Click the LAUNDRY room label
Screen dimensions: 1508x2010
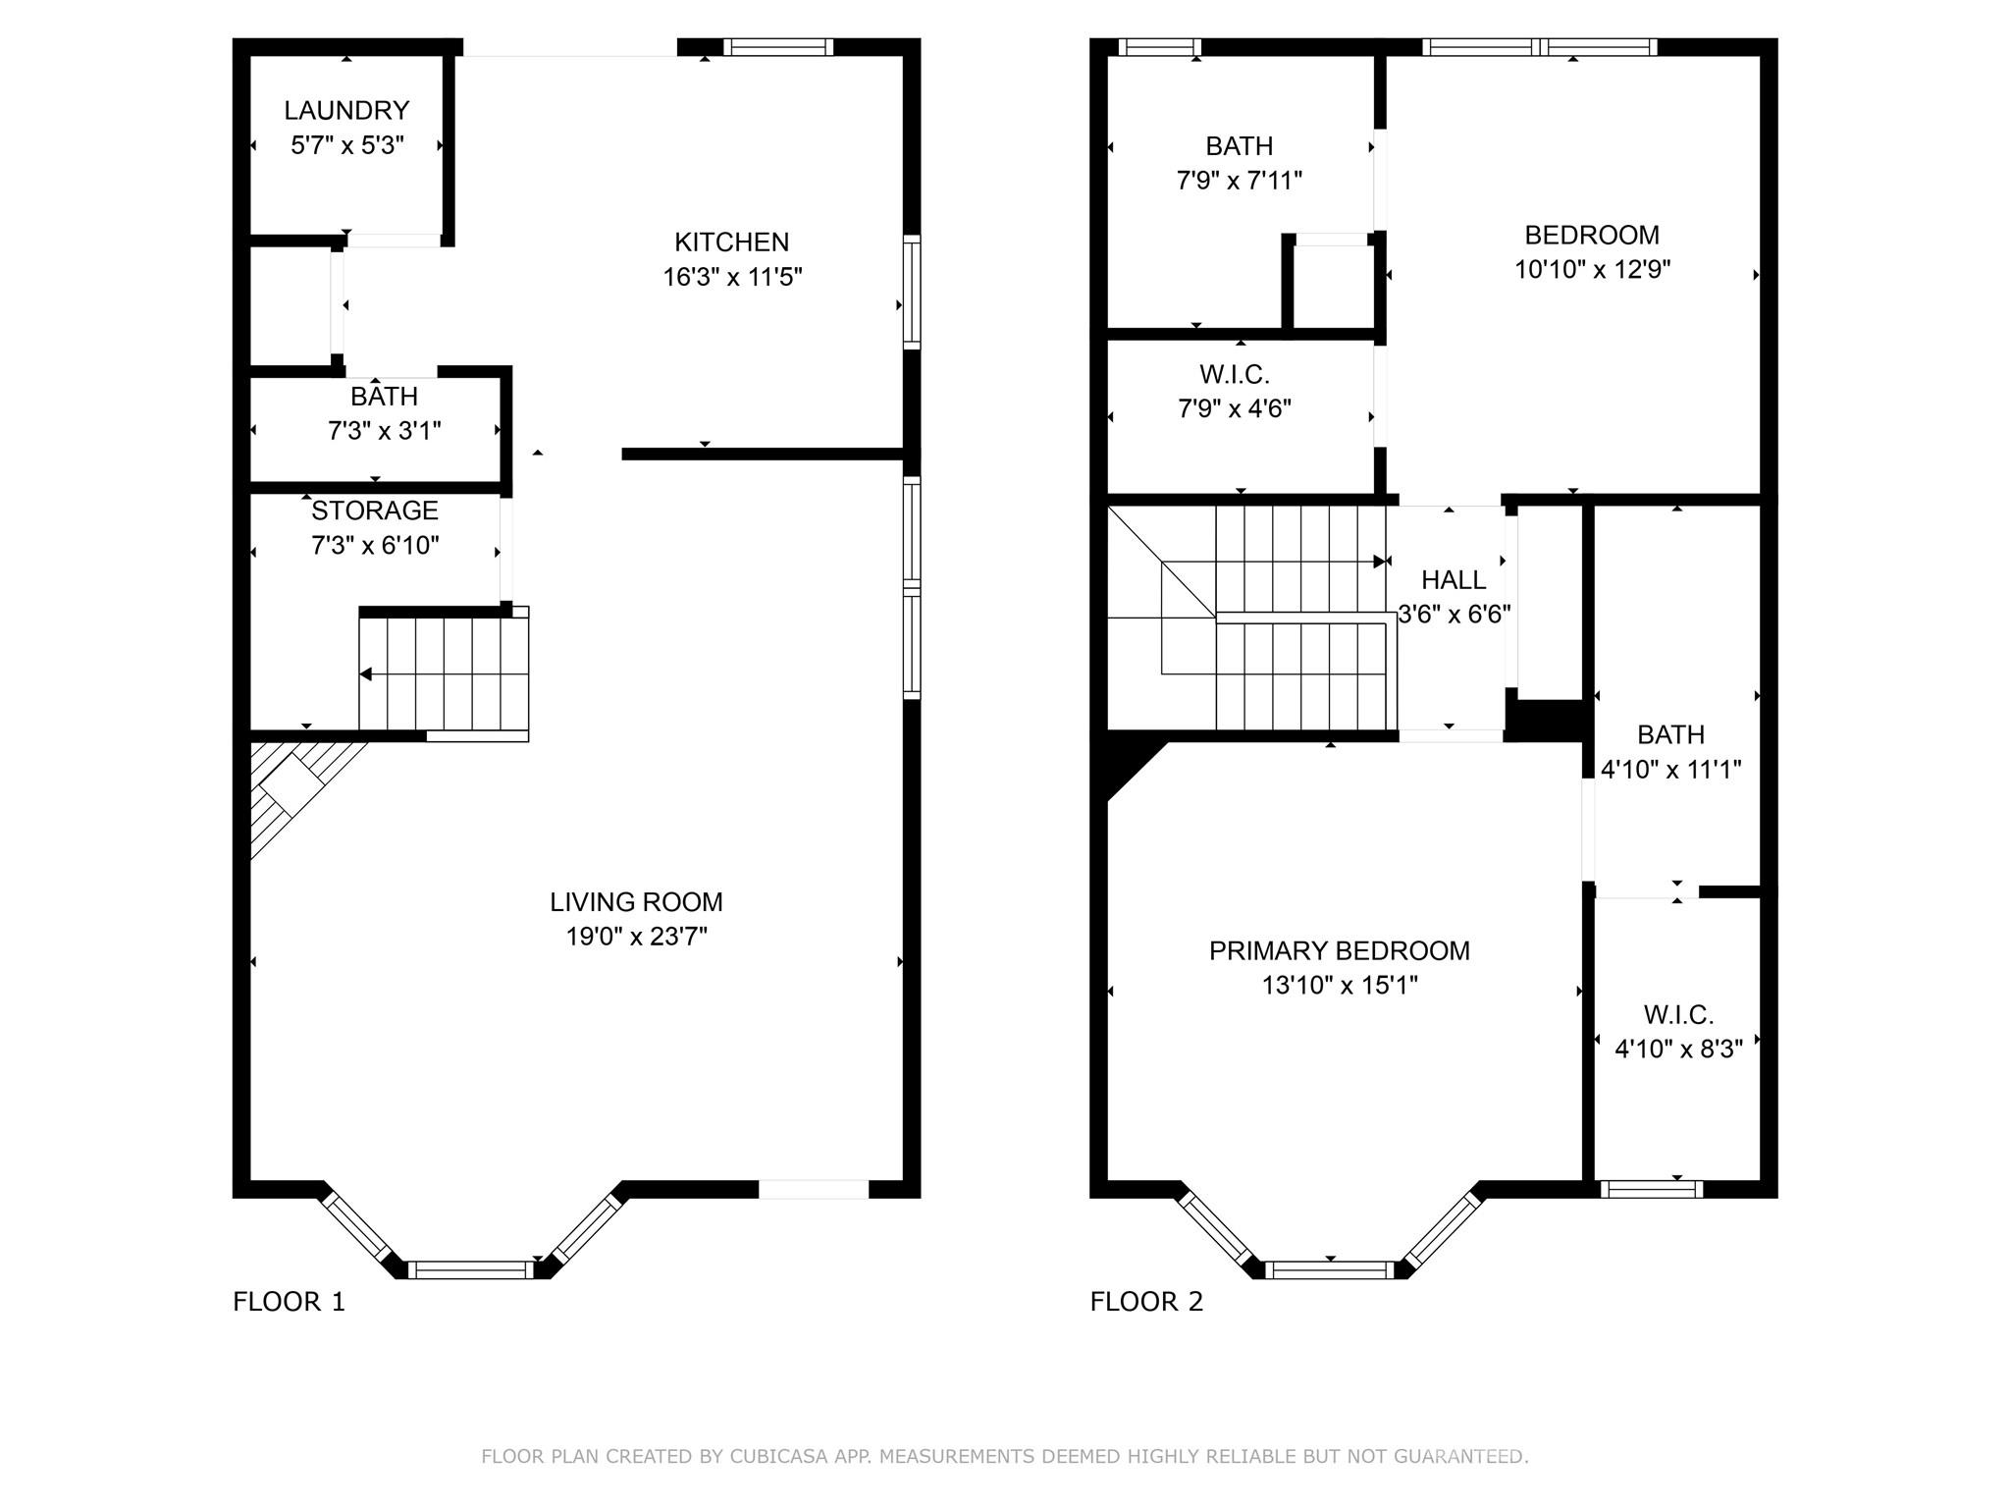coord(346,110)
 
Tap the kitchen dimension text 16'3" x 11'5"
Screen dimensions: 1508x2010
coord(732,277)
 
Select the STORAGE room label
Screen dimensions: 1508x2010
coord(374,511)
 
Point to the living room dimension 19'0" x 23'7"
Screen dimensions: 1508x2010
coord(636,937)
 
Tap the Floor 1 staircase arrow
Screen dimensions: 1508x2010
coord(365,674)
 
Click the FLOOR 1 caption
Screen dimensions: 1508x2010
coord(289,1302)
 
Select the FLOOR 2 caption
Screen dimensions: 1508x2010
coord(1145,1302)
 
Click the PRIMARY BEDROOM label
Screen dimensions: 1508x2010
coord(1339,950)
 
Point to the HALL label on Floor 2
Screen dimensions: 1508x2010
coord(1453,579)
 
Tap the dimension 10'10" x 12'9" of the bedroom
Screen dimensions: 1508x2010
coord(1592,269)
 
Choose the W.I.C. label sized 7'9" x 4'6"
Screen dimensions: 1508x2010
coord(1234,374)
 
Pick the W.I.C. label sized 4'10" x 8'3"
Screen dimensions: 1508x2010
coord(1678,1014)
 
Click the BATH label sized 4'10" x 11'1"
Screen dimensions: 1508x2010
coord(1670,734)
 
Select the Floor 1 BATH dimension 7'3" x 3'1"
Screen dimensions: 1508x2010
coord(384,431)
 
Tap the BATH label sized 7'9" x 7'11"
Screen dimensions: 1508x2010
coord(1239,146)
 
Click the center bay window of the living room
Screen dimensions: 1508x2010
coord(470,1269)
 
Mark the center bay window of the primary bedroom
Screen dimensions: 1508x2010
coord(1329,1269)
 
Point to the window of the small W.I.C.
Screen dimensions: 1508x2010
coord(1651,1189)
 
